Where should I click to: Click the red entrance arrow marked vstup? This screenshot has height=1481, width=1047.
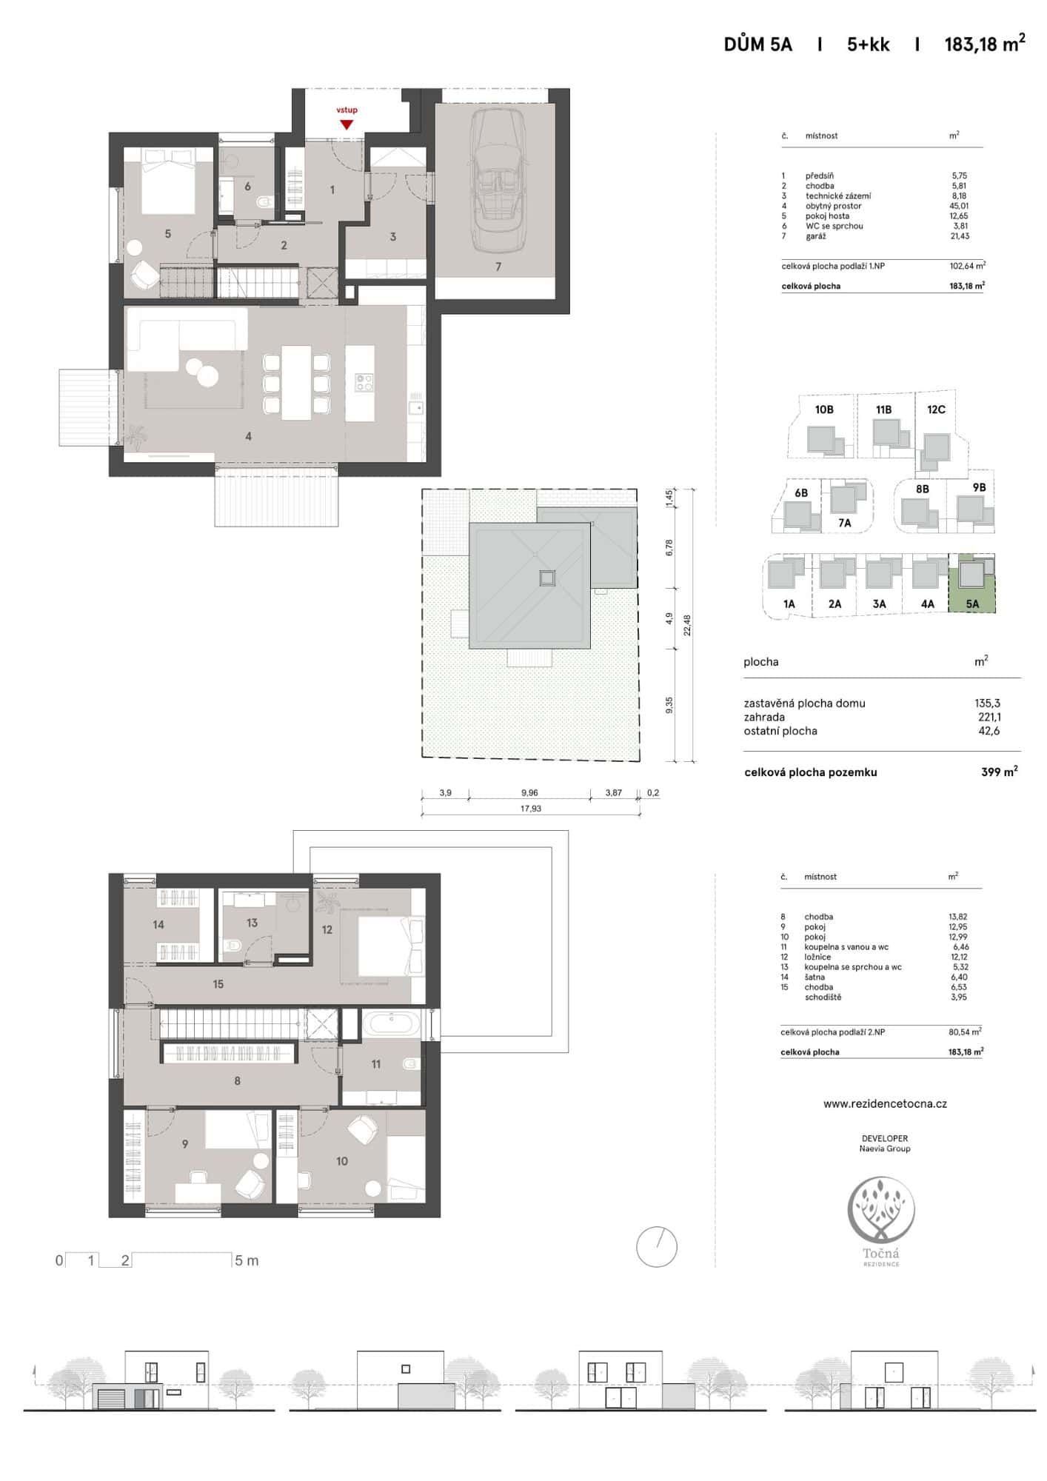347,124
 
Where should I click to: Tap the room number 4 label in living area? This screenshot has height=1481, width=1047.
248,437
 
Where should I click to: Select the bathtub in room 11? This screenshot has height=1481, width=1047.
392,1025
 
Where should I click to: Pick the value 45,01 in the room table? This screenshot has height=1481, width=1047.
960,206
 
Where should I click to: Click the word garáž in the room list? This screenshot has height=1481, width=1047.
815,236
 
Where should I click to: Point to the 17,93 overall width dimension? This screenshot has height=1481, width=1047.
530,809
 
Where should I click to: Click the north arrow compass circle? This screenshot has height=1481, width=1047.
657,1247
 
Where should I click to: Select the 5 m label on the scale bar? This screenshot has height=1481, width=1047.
247,1261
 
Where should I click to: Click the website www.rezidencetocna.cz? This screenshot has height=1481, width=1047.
885,1103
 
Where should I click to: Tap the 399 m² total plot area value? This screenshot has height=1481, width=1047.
999,772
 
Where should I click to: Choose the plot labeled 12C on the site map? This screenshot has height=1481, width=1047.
936,409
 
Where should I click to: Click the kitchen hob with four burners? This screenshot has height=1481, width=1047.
364,382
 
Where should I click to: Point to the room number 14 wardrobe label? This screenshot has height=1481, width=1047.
158,924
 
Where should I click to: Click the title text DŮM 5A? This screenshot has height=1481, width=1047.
757,45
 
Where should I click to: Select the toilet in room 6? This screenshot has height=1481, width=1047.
263,201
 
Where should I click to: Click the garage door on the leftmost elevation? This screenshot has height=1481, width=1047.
114,1400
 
